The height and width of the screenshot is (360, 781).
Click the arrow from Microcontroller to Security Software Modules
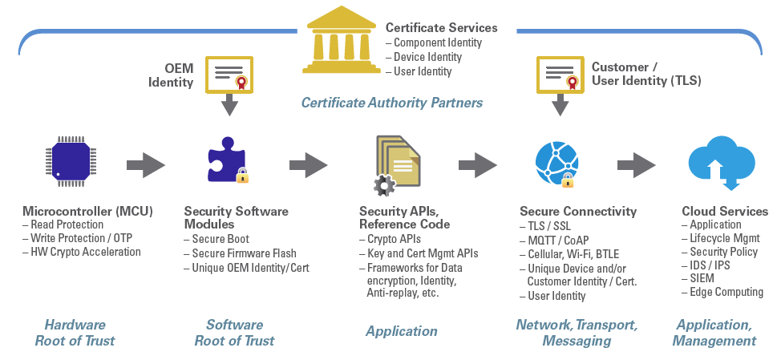(x=145, y=166)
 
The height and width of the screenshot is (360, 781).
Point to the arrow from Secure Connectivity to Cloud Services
(x=637, y=166)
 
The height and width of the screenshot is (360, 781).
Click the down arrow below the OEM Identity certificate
(x=230, y=105)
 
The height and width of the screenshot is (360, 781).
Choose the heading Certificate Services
(x=441, y=28)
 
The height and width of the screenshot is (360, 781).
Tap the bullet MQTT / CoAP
(x=557, y=240)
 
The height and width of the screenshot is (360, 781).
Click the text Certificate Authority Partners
(x=391, y=103)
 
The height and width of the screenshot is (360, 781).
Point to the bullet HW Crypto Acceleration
(x=85, y=252)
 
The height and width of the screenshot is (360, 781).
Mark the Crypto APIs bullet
(x=394, y=239)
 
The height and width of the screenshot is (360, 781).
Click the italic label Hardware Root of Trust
(x=74, y=333)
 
